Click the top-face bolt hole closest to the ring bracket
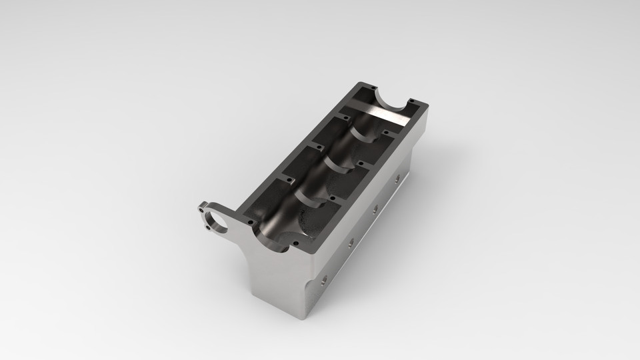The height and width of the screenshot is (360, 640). click(x=250, y=222)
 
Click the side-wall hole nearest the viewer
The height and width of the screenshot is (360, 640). click(x=325, y=279)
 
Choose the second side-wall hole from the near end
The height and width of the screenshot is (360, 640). click(x=350, y=243)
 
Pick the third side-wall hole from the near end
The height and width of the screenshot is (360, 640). click(x=375, y=209)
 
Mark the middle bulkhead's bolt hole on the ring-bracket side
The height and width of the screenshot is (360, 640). click(x=310, y=145)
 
